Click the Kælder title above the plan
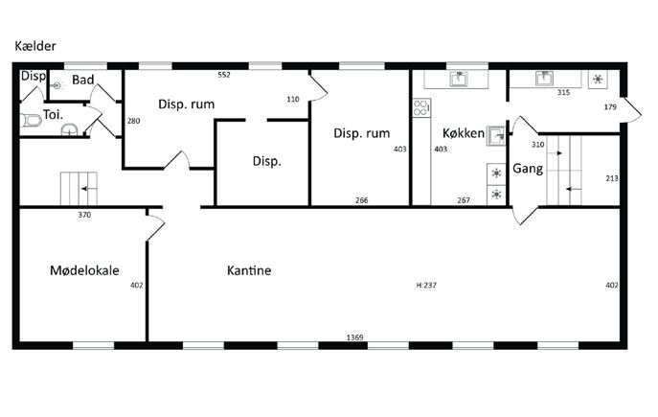[35, 46]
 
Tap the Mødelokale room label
[84, 270]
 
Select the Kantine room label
[249, 270]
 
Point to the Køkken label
[464, 133]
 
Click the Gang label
[528, 169]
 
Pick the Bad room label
[82, 80]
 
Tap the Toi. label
[53, 114]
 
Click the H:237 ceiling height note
[426, 285]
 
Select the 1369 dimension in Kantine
[354, 337]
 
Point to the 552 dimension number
[224, 75]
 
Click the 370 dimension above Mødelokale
[84, 215]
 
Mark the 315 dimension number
[563, 92]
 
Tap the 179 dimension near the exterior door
[610, 107]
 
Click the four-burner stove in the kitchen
[421, 107]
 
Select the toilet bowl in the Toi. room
[31, 121]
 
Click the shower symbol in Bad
[57, 85]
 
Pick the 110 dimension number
[293, 99]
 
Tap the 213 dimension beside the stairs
[612, 178]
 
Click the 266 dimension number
[361, 200]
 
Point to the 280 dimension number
[133, 121]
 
